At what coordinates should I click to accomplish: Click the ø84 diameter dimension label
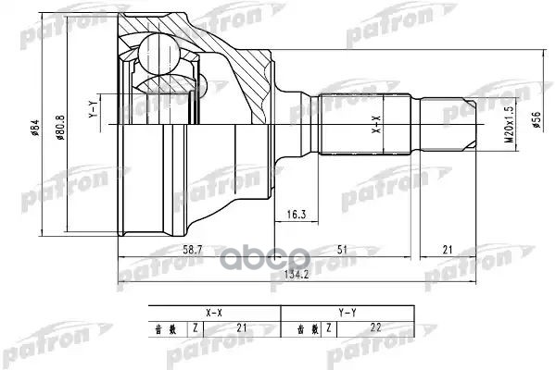tap(35, 130)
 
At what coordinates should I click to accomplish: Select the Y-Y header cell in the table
tap(347, 313)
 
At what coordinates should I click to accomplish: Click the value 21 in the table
tap(242, 327)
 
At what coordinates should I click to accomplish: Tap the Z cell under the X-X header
tap(196, 327)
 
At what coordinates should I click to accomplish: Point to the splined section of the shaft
tap(366, 125)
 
